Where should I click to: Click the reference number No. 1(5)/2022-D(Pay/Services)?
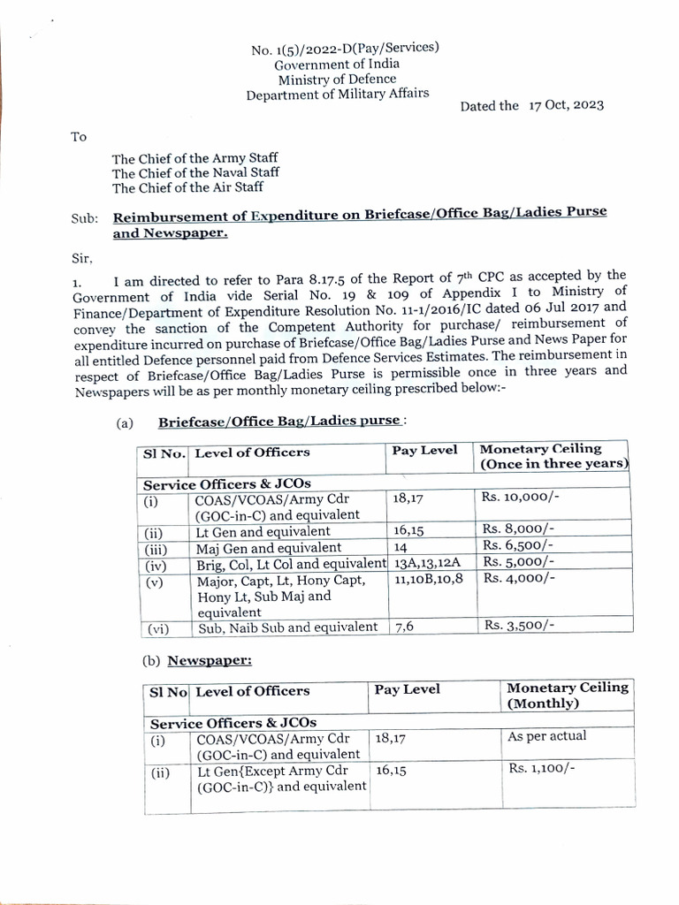[345, 49]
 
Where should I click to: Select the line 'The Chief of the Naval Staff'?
[195, 172]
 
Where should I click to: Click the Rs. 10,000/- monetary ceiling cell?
[520, 498]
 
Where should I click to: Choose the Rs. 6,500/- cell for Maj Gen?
[518, 546]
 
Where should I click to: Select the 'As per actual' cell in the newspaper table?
[546, 735]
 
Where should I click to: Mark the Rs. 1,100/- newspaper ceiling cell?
[541, 769]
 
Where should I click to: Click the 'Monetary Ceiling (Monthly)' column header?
[567, 696]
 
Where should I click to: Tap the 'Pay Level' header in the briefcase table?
[425, 450]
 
